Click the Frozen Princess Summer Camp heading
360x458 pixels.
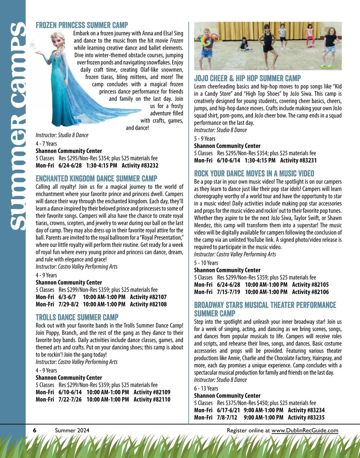click(x=82, y=25)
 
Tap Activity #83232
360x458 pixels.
click(x=140, y=166)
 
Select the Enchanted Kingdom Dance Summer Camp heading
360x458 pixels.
click(x=96, y=179)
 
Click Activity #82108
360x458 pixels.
click(x=148, y=304)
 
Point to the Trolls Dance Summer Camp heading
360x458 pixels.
click(x=77, y=317)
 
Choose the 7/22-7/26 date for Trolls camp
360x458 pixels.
click(x=70, y=400)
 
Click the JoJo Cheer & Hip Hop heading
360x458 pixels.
click(x=247, y=79)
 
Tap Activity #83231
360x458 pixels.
click(x=298, y=160)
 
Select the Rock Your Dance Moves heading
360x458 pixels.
click(x=254, y=173)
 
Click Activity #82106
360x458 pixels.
click(x=310, y=292)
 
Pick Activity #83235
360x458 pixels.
click(x=306, y=418)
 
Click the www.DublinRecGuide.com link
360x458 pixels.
click(x=305, y=430)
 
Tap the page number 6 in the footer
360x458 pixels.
click(x=35, y=430)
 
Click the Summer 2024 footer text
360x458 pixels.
click(x=72, y=430)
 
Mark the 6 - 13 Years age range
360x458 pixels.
click(x=206, y=388)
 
